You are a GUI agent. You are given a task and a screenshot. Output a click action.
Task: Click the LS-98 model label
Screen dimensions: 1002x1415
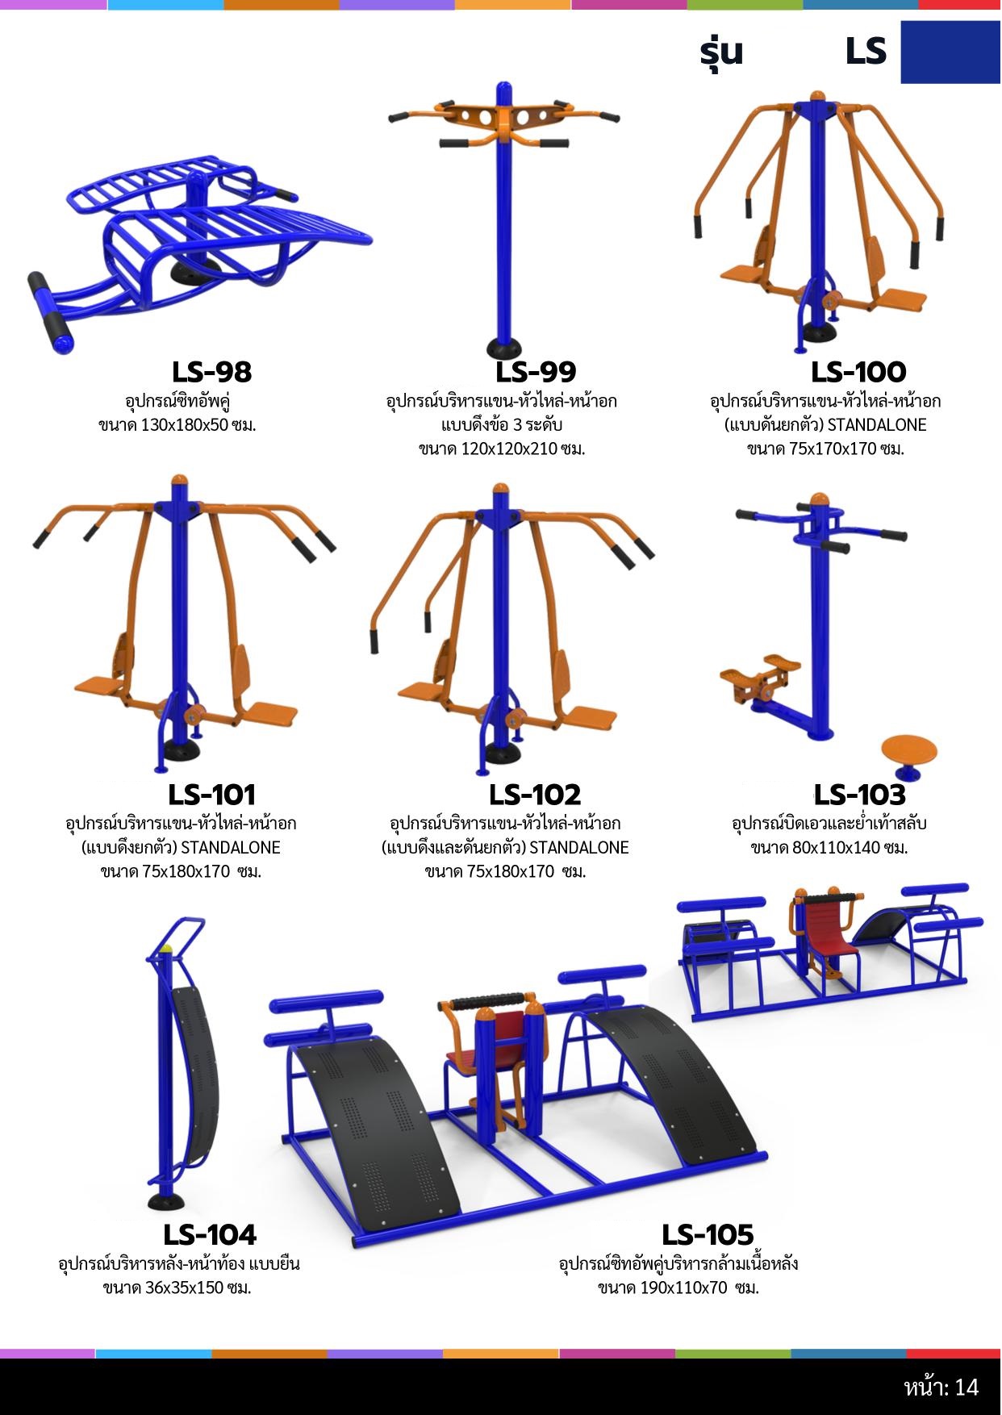tap(211, 372)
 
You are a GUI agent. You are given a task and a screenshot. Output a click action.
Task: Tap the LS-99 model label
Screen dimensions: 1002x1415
tap(536, 372)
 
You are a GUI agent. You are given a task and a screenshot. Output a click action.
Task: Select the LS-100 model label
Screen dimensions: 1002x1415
tap(858, 372)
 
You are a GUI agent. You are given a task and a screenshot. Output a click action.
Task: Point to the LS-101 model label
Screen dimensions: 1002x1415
tap(211, 795)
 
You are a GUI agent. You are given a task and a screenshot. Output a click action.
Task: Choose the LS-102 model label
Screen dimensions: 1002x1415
tap(535, 795)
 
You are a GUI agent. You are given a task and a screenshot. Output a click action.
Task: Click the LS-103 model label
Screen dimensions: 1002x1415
tap(859, 795)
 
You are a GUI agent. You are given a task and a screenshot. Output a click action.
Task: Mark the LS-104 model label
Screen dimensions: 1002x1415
tap(210, 1234)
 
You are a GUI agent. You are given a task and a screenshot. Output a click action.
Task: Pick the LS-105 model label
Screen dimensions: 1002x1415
tap(708, 1234)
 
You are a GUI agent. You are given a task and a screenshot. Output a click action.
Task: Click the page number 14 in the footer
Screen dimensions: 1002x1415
tap(967, 1387)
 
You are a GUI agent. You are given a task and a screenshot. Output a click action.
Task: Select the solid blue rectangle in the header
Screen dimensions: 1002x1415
tap(950, 52)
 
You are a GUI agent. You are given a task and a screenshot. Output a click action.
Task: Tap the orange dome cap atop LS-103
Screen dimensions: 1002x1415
tap(820, 499)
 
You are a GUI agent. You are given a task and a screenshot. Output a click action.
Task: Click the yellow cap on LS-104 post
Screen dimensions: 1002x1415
tap(167, 950)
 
